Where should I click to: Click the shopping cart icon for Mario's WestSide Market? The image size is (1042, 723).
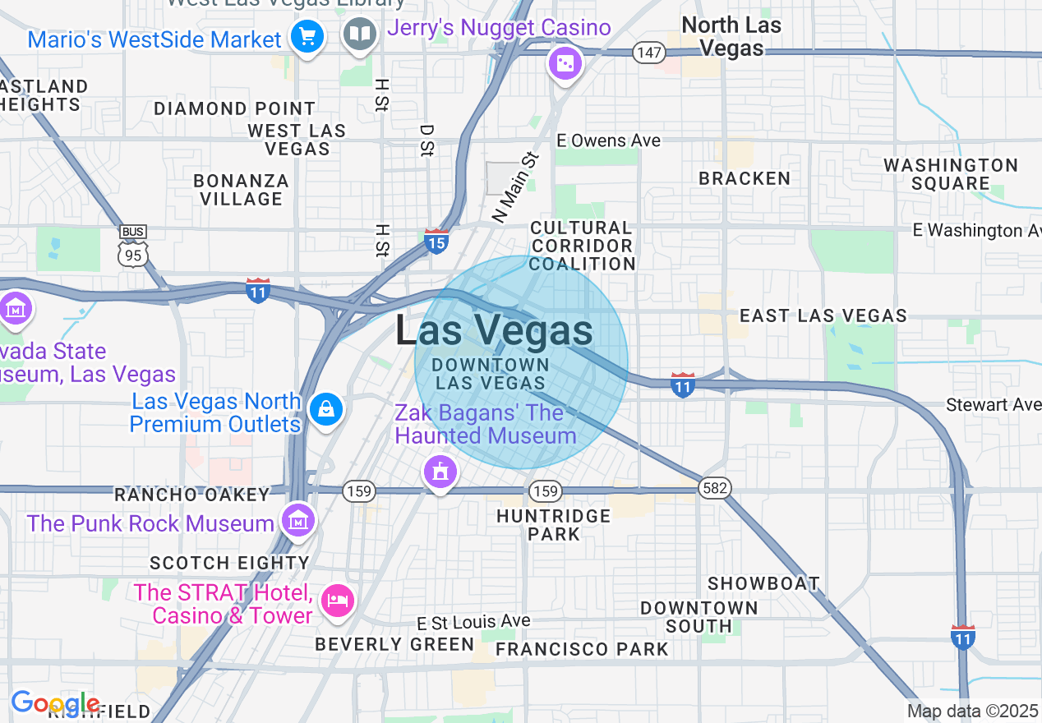point(308,37)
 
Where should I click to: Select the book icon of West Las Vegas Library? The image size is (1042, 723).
point(359,35)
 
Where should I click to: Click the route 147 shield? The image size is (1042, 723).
point(648,53)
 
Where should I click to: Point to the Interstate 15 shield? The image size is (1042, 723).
point(436,242)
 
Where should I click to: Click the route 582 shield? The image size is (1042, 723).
point(715,488)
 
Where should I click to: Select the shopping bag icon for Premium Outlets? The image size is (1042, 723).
point(325,408)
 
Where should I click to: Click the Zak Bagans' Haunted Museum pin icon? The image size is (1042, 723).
point(440,472)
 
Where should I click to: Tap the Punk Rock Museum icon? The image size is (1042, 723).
point(297,519)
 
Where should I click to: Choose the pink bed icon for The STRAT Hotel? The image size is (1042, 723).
point(337,601)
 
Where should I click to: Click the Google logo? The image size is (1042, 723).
point(55,703)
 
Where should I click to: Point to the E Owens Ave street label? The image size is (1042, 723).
point(609,140)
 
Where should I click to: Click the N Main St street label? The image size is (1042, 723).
point(515,187)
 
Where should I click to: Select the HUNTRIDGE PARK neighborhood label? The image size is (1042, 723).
point(554,524)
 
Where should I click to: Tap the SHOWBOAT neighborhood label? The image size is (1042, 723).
point(763,583)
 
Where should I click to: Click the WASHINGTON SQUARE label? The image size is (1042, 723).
point(951,174)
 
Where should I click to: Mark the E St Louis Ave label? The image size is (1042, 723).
point(473,621)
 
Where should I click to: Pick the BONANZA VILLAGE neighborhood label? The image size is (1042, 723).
point(241,190)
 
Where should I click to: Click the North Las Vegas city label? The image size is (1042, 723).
point(731,37)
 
